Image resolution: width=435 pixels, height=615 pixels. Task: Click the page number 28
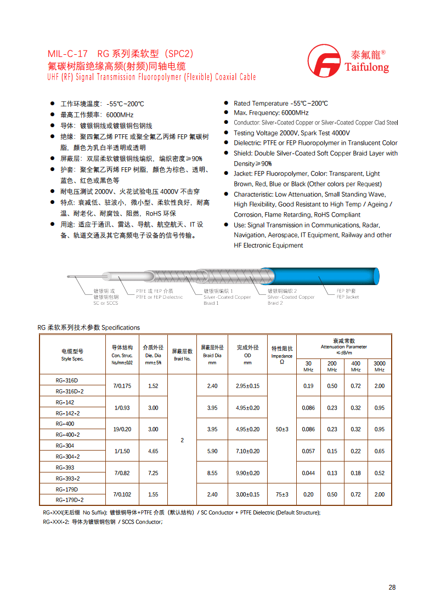[392, 587]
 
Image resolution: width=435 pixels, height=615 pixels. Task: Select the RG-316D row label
[67, 380]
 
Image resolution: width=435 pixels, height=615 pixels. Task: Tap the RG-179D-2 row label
[70, 500]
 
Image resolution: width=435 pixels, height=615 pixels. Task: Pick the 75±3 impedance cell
[281, 494]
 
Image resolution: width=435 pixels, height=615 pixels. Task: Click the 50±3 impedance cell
[281, 429]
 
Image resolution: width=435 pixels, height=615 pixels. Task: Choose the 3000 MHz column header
[379, 366]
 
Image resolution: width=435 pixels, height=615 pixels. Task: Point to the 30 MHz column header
[308, 366]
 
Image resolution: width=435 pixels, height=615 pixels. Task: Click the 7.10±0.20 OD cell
[247, 451]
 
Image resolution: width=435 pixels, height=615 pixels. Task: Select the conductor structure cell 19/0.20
[122, 429]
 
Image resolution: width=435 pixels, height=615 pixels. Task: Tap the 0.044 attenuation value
[308, 473]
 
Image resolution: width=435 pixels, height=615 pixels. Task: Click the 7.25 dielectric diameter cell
[153, 473]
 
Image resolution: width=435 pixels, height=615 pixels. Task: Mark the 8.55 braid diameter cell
[212, 473]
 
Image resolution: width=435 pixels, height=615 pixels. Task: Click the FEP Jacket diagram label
[347, 294]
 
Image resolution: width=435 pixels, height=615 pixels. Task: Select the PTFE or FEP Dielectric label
[159, 294]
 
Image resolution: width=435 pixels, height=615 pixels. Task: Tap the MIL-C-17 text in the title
[67, 54]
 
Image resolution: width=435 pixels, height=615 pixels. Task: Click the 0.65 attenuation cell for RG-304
[379, 451]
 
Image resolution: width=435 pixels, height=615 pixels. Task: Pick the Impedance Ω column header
[281, 355]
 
